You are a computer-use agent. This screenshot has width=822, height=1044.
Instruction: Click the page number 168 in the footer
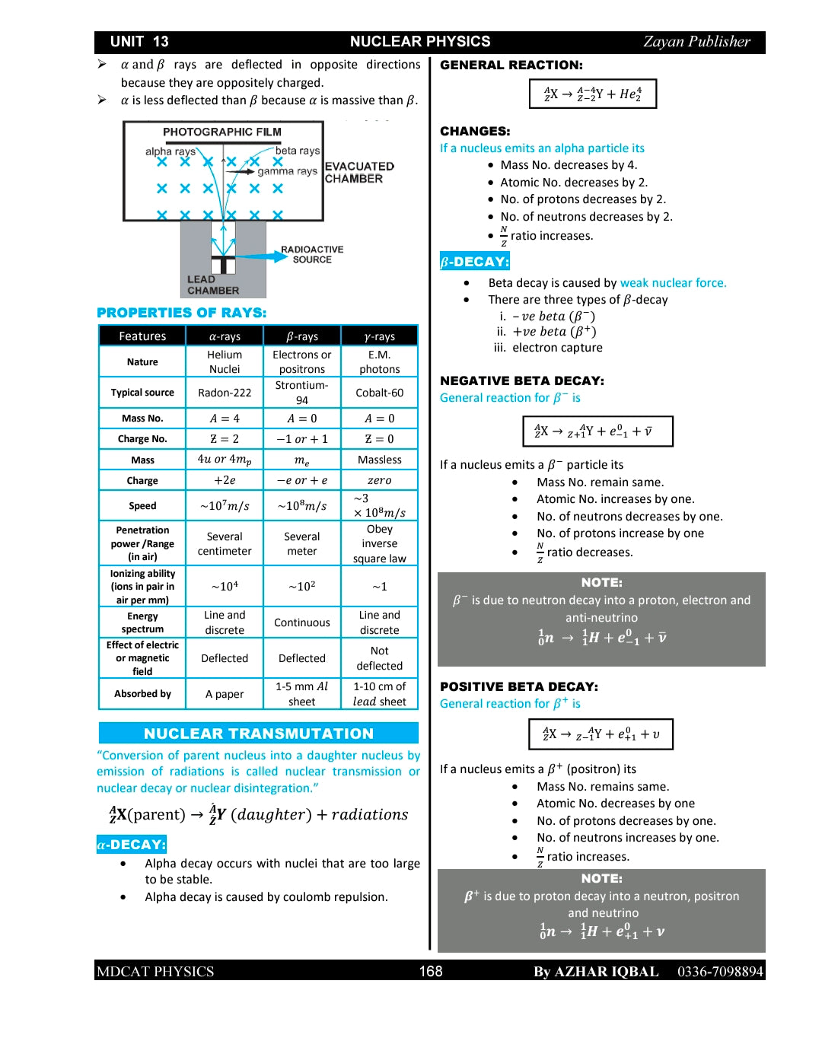[x=431, y=971]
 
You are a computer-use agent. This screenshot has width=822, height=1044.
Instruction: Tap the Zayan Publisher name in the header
[x=696, y=42]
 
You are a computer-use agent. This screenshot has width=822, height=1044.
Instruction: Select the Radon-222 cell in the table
[x=225, y=393]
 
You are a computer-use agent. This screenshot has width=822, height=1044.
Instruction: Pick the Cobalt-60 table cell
[x=379, y=393]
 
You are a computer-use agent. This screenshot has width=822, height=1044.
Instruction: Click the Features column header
[x=142, y=336]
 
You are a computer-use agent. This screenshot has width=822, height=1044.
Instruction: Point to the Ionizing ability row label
[x=142, y=587]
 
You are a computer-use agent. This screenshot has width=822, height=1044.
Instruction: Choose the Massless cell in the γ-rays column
[x=379, y=460]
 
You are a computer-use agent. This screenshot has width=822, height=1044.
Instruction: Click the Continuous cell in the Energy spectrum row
[x=302, y=622]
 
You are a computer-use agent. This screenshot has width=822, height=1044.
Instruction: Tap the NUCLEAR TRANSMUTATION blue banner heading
[x=259, y=734]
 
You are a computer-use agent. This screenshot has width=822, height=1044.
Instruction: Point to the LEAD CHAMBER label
[x=212, y=285]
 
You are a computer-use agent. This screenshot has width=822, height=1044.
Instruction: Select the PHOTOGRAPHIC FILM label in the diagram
[x=221, y=132]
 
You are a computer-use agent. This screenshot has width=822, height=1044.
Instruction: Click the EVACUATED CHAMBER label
[x=359, y=172]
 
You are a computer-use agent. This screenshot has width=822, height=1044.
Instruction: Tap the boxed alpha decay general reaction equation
[x=592, y=94]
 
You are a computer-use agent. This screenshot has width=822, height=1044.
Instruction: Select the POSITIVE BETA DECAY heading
[x=518, y=686]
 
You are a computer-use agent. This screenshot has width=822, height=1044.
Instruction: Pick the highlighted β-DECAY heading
[x=474, y=262]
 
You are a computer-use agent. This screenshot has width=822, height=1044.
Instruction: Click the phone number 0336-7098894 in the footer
[x=719, y=971]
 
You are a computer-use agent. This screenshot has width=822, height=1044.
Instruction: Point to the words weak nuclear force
[x=673, y=283]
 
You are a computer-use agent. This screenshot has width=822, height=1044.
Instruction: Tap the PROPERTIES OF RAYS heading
[x=181, y=313]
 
